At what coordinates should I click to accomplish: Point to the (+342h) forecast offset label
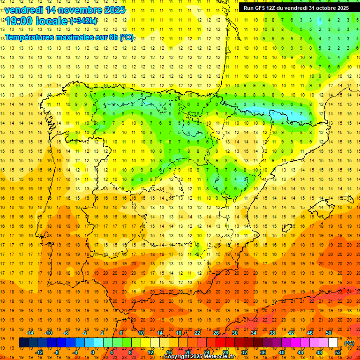[x=83, y=21]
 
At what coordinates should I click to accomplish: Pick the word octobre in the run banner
[x=323, y=8]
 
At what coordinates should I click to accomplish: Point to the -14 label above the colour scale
[x=30, y=333]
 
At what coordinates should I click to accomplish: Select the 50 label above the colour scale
[x=329, y=333]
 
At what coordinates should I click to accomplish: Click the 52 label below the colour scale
[x=338, y=352]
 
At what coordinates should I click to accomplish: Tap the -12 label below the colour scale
[x=39, y=352]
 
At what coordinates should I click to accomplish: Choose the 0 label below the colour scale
[x=93, y=352]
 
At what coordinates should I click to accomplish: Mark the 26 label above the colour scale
[x=216, y=333]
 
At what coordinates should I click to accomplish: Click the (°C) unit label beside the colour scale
[x=349, y=343]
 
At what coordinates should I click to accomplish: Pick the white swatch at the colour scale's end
[x=333, y=343]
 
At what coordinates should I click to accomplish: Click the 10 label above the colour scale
[x=141, y=333]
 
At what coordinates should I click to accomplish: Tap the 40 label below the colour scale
[x=282, y=352]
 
